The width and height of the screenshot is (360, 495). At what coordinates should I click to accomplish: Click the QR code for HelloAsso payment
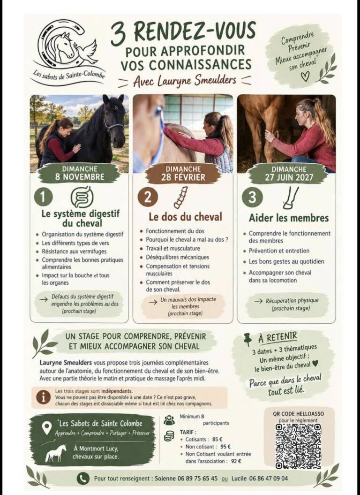(298, 446)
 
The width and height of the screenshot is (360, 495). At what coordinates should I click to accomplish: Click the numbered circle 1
(43, 198)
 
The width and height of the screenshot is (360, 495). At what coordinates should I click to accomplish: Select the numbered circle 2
(147, 197)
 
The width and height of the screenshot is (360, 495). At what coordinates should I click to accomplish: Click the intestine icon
(82, 197)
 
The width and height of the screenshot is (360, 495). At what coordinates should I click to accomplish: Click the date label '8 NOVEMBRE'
(80, 176)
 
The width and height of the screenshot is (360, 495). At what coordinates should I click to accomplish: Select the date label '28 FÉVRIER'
(183, 177)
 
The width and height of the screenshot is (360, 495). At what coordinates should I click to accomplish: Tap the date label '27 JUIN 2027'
(289, 177)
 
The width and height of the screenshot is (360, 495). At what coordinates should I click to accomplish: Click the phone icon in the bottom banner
(83, 479)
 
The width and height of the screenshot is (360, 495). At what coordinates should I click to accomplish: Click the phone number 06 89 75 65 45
(197, 478)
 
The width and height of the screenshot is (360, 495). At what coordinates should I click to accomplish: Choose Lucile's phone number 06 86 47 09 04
(269, 478)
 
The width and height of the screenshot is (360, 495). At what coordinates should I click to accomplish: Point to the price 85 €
(217, 439)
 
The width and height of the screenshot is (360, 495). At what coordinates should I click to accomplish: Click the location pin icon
(47, 427)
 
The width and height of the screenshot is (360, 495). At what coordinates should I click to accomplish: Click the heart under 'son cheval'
(305, 76)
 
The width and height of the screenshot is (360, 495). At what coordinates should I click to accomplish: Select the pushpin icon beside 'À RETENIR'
(248, 340)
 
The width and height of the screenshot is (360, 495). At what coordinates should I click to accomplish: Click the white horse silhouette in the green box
(56, 453)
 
